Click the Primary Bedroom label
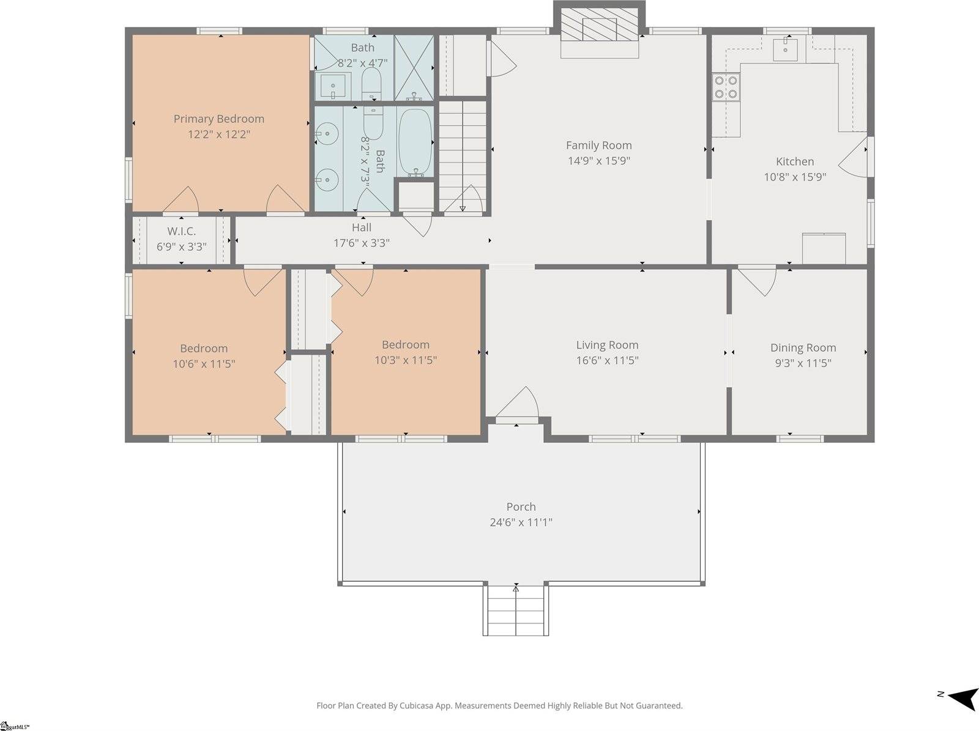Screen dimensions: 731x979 218,119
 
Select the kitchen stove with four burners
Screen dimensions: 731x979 726,86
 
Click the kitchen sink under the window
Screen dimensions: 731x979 785,49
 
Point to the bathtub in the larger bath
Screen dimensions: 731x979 415,142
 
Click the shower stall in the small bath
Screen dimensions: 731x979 414,67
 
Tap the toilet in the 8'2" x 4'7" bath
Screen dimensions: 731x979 371,83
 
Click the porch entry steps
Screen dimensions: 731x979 516,610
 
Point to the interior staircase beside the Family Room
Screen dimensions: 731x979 463,156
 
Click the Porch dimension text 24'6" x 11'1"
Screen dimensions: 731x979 521,522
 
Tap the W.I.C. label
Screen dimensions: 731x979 181,231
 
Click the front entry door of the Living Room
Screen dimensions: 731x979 518,404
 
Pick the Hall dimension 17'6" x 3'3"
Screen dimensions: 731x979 361,243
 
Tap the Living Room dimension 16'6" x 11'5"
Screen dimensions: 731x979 607,360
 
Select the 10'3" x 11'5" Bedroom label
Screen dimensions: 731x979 405,345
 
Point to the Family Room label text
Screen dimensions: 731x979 598,145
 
